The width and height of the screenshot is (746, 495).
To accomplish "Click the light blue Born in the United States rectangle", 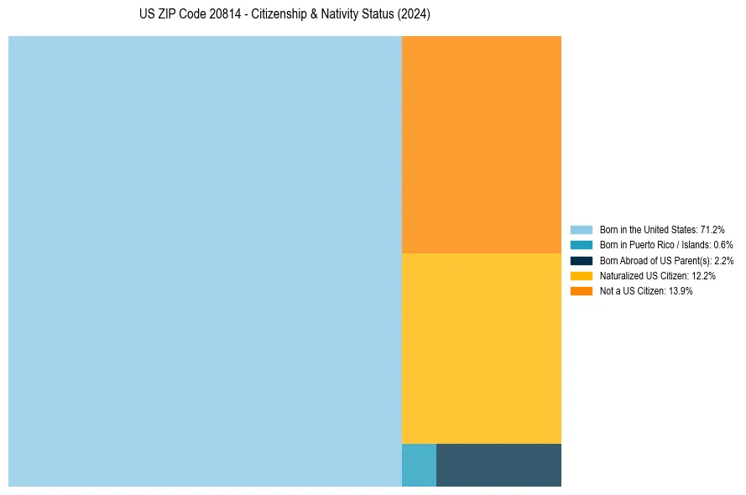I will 205,261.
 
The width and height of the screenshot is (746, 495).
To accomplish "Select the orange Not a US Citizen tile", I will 481,144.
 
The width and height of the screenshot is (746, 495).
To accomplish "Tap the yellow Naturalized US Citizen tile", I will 481,348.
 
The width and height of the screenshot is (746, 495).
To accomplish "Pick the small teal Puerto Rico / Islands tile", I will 419,465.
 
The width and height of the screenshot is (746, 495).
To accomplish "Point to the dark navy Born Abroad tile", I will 498,465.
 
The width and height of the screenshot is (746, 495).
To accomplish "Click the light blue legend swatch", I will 582,230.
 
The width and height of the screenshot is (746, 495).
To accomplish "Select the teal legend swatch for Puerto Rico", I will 582,245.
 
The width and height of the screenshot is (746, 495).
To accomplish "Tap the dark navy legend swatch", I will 582,260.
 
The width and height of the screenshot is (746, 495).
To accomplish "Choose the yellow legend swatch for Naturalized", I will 582,276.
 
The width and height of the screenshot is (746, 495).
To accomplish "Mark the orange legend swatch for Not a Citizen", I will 582,291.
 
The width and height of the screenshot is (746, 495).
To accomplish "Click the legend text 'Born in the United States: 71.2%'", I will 662,230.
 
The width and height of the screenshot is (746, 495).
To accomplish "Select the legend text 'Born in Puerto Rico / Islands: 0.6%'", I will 666,245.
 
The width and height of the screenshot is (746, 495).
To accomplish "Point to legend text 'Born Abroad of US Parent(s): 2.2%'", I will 666,260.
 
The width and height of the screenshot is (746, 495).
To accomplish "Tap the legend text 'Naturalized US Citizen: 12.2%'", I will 657,276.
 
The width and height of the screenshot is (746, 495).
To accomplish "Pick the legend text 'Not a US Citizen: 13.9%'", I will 646,291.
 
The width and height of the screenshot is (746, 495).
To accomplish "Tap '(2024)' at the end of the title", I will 415,15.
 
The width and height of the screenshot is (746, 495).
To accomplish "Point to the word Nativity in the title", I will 344,15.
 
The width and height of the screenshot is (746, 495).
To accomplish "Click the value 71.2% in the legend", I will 712,230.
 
